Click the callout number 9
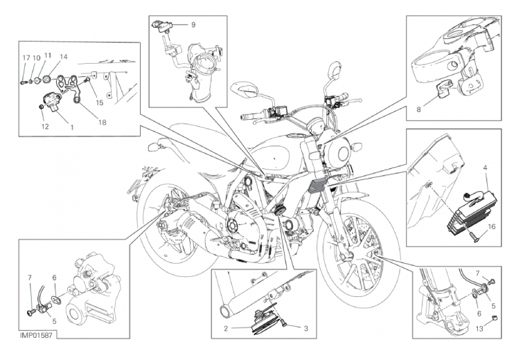(193, 25)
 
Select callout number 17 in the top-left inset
(26, 58)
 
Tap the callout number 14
(64, 57)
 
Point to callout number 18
(103, 123)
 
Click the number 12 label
(45, 126)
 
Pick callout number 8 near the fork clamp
(419, 109)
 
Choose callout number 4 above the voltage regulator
(486, 168)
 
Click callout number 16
(492, 227)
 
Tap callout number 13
(479, 329)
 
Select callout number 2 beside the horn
(226, 329)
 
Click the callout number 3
(305, 329)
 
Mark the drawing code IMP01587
(36, 335)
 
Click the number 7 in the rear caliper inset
(30, 278)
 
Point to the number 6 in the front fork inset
(479, 314)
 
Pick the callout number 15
(99, 102)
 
